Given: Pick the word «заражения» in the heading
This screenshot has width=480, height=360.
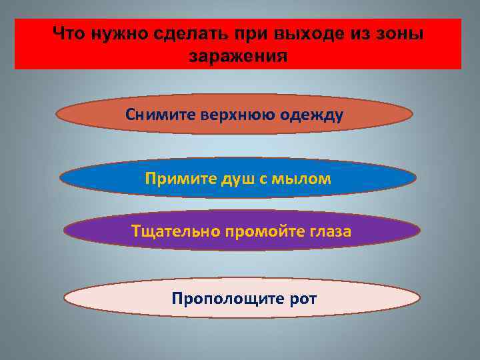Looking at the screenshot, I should click(x=238, y=56).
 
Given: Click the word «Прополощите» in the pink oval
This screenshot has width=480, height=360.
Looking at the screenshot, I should click(x=217, y=298).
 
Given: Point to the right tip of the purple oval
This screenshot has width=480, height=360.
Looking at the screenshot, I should click(x=420, y=231).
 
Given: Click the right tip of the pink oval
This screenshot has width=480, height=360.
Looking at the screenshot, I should click(x=420, y=298).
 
